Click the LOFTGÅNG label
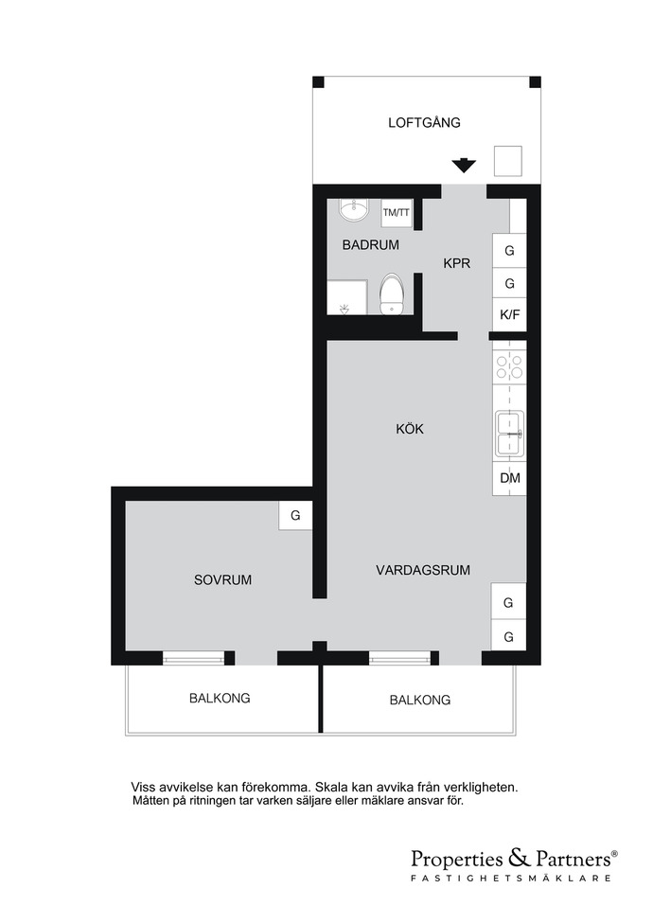(424, 122)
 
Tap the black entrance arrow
(464, 165)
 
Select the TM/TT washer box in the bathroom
(396, 212)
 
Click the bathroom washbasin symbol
(354, 209)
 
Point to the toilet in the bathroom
(391, 293)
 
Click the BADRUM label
(370, 244)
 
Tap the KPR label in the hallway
(457, 263)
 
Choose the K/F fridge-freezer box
(509, 314)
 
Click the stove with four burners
(509, 365)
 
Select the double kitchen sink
(510, 434)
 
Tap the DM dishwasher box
(510, 478)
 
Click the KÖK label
(410, 429)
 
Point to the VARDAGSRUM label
(423, 570)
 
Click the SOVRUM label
(222, 579)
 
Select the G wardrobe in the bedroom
(295, 515)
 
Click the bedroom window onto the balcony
(194, 658)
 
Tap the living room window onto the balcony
(399, 658)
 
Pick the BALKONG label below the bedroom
(220, 699)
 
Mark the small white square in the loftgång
(508, 161)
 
